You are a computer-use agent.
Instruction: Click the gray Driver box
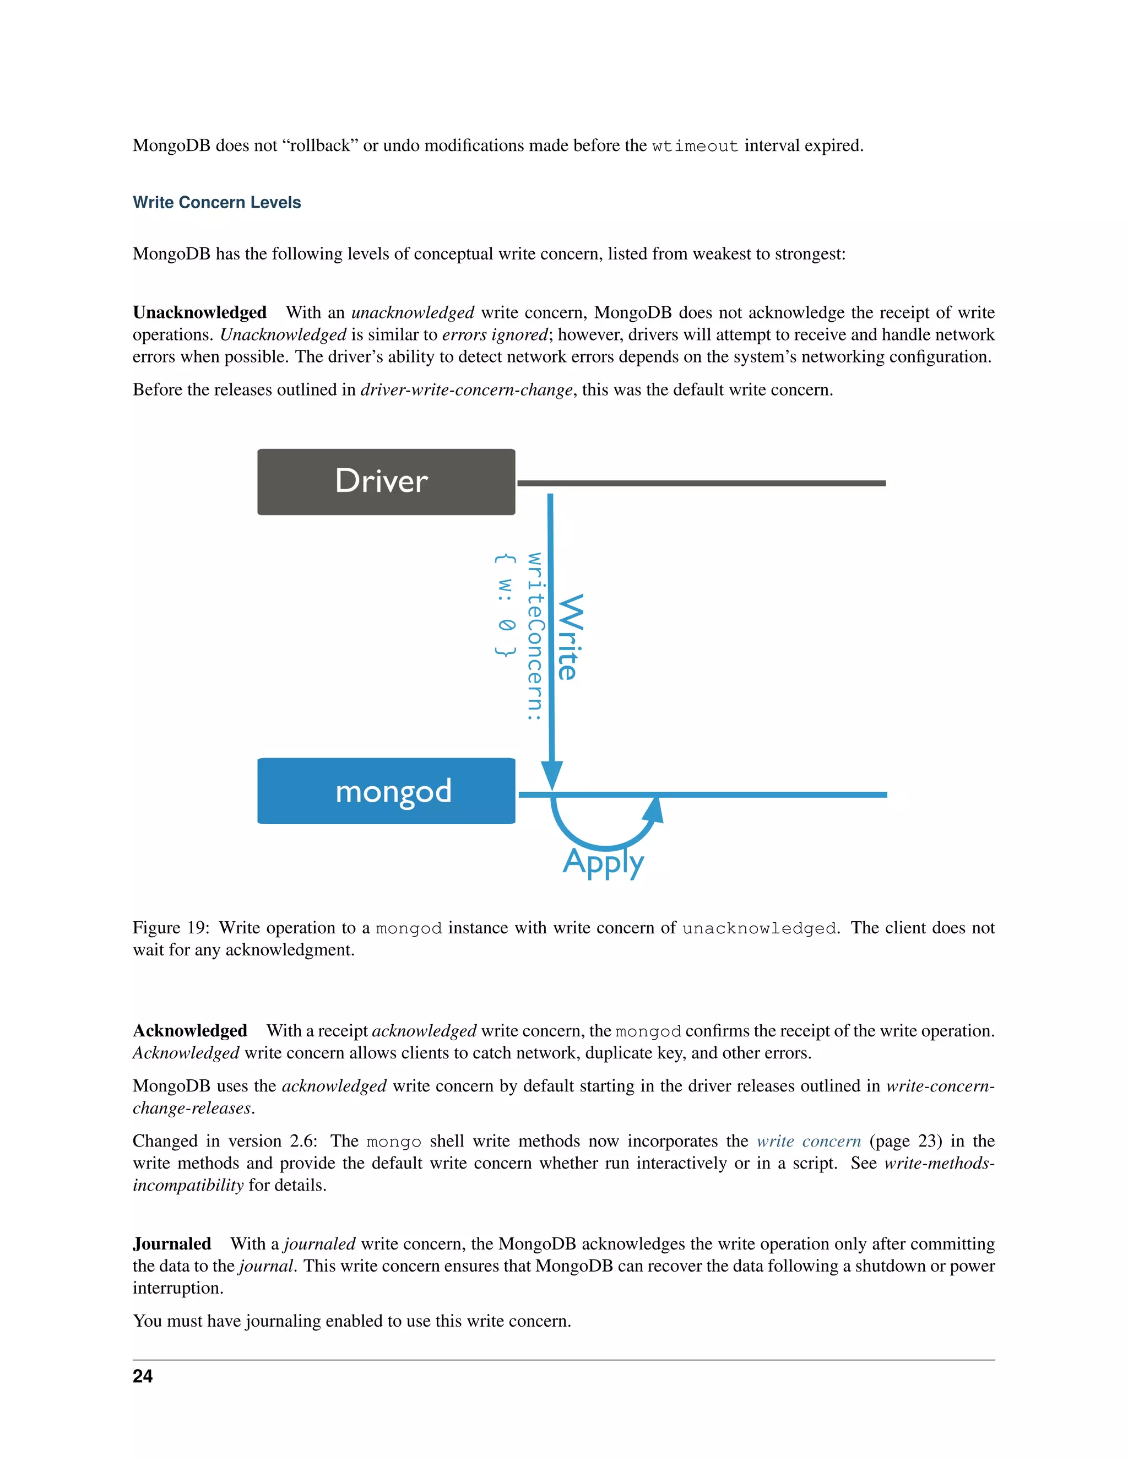click(386, 482)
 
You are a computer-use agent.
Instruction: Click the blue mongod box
click(386, 791)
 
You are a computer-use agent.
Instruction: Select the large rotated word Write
click(570, 637)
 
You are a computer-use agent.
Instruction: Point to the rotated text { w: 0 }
click(505, 605)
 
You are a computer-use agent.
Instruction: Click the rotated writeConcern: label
click(535, 636)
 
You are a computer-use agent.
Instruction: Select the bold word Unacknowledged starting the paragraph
click(199, 312)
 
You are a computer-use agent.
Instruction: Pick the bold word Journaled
click(172, 1243)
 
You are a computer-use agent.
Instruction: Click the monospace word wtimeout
click(695, 146)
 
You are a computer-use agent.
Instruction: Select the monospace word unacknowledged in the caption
click(760, 928)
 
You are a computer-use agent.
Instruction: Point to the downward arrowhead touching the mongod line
click(551, 777)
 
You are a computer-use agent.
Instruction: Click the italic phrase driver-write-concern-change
click(467, 390)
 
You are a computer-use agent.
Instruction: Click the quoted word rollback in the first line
click(319, 146)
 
